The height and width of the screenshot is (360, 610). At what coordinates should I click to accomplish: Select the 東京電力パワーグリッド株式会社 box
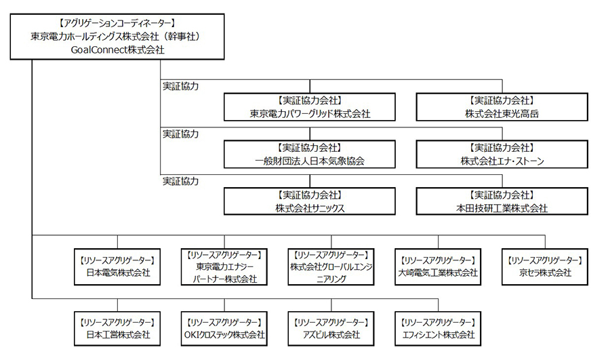[x=310, y=106]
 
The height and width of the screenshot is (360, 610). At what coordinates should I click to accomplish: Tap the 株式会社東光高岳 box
[x=501, y=106]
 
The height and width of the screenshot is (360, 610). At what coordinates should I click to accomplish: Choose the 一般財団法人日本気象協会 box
[x=310, y=154]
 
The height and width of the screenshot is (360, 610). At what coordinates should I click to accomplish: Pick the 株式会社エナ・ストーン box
[x=501, y=154]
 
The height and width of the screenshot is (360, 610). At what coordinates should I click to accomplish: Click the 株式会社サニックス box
[x=310, y=201]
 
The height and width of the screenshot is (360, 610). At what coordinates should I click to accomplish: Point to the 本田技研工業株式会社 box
[x=501, y=201]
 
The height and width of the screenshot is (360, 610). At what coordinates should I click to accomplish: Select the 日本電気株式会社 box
[x=118, y=266]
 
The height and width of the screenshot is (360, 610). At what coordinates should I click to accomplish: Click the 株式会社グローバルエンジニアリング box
[x=331, y=266]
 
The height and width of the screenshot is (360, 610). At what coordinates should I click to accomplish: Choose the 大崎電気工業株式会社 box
[x=437, y=266]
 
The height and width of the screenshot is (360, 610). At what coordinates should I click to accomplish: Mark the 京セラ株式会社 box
[x=544, y=266]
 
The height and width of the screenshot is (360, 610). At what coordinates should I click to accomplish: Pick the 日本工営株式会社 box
[x=118, y=328]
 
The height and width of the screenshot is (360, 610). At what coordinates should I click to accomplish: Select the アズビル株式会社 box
[x=331, y=328]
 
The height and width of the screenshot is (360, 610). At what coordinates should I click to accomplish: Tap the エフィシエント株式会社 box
[x=437, y=328]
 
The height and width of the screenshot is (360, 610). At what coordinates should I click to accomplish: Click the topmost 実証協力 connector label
[x=180, y=87]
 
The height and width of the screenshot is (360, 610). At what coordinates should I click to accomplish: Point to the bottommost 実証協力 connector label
[x=180, y=182]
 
